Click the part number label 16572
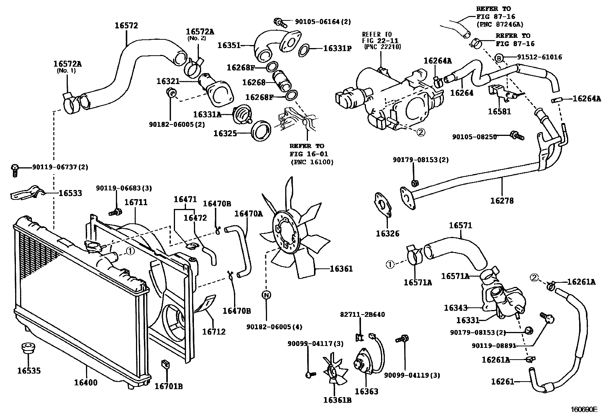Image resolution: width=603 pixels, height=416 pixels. pyautogui.click(x=126, y=26)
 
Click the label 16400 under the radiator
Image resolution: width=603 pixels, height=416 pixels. pyautogui.click(x=86, y=382)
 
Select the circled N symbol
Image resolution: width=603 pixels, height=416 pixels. pyautogui.click(x=267, y=295)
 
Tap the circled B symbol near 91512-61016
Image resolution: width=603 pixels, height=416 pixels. pyautogui.click(x=499, y=58)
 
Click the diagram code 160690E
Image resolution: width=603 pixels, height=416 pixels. pyautogui.click(x=584, y=410)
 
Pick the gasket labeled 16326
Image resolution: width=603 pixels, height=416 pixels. pyautogui.click(x=384, y=204)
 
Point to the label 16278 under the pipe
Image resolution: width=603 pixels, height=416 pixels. pyautogui.click(x=502, y=201)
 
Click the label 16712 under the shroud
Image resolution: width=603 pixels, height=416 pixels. pyautogui.click(x=214, y=332)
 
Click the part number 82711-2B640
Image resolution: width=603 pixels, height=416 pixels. pyautogui.click(x=362, y=314)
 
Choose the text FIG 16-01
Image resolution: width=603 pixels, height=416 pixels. pyautogui.click(x=309, y=154)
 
